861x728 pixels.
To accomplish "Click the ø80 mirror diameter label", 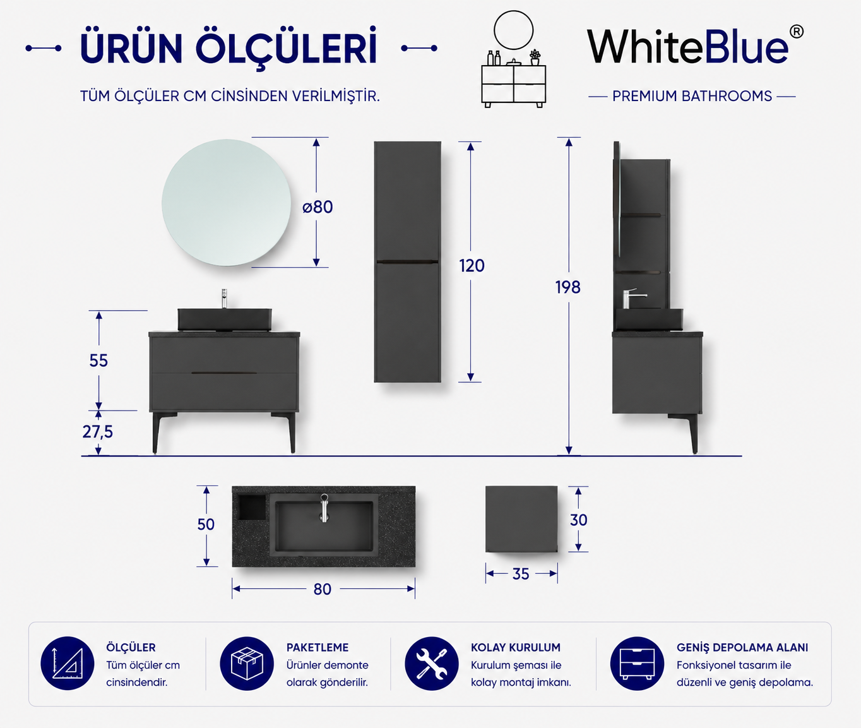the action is pos(318,207).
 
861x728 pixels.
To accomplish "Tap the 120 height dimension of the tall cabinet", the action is pos(472,266).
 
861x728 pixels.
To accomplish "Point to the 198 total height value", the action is pos(567,287).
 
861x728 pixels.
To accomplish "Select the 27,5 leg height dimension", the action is pos(97,432).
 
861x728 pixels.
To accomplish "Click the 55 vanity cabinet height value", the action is pos(98,361).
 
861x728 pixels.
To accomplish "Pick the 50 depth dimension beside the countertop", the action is pos(206,525).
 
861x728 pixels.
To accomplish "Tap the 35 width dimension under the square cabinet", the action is pos(521,574).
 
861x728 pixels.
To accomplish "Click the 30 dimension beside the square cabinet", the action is pos(579,520).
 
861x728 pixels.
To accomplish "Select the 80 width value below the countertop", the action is pos(323,589).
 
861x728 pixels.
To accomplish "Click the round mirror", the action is pos(226,203).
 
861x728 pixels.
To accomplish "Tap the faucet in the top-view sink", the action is pos(324,508).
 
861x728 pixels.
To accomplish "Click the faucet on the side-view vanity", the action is pos(632,298).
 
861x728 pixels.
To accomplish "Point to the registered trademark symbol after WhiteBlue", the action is pos(797,32).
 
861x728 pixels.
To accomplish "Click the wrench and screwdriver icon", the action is pos(432,664).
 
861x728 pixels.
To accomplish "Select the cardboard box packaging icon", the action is pos(247,664).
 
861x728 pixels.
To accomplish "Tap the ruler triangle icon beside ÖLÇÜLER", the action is pos(68,664).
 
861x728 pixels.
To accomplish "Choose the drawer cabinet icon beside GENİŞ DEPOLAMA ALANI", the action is pos(637,664).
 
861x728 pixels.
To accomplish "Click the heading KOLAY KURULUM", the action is pos(516,648).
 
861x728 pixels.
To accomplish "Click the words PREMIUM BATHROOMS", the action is pos(692,96).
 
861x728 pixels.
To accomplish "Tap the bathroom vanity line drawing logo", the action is pos(514,59).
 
